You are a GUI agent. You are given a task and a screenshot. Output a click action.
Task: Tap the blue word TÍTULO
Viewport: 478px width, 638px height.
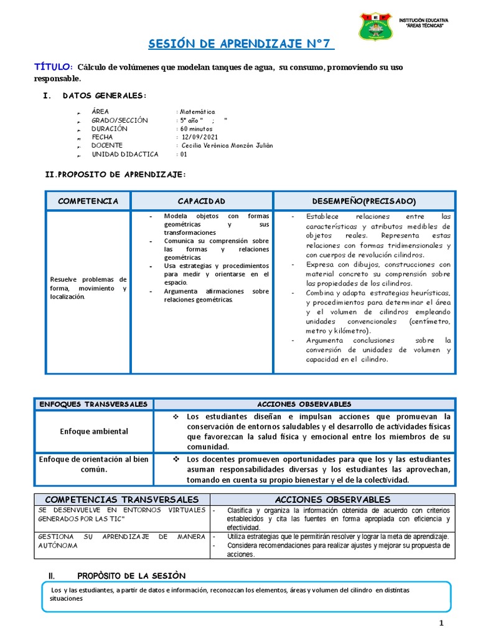click(x=53, y=67)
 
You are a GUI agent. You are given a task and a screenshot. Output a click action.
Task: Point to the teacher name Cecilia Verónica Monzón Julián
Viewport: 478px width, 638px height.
click(x=227, y=146)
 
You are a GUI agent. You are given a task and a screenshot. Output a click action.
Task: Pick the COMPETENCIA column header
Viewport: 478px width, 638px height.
click(x=88, y=201)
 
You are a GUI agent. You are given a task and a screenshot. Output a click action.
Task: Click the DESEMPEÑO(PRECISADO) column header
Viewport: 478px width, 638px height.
click(x=364, y=201)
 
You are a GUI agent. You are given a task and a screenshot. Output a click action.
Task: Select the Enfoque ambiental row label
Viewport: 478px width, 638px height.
click(x=94, y=431)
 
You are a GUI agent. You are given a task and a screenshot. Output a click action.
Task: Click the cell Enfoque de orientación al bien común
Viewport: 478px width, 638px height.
click(x=94, y=464)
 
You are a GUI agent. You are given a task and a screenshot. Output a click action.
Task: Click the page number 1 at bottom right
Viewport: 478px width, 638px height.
click(x=441, y=624)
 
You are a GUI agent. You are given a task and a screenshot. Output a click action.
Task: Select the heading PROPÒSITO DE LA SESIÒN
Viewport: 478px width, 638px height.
click(x=131, y=575)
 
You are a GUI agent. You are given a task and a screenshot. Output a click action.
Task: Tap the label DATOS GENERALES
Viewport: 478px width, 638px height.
click(x=105, y=95)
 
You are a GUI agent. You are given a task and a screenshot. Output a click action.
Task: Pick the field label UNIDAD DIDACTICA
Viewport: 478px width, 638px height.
click(x=125, y=155)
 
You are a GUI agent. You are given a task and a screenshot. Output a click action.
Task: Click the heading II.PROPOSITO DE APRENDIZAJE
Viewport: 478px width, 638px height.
click(x=115, y=175)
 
